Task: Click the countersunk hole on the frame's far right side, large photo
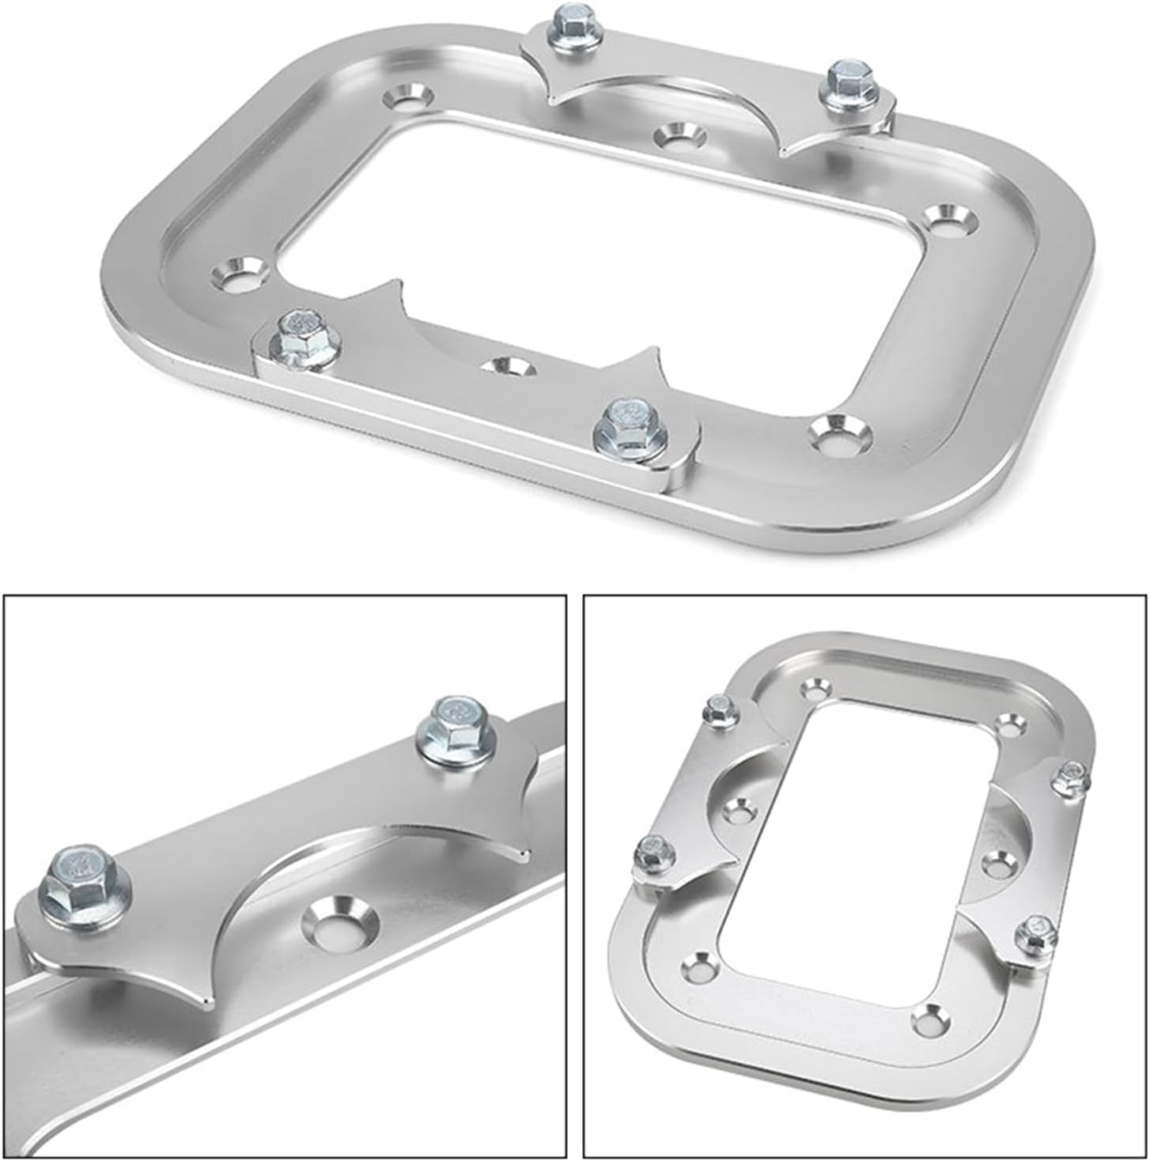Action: tap(944, 219)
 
